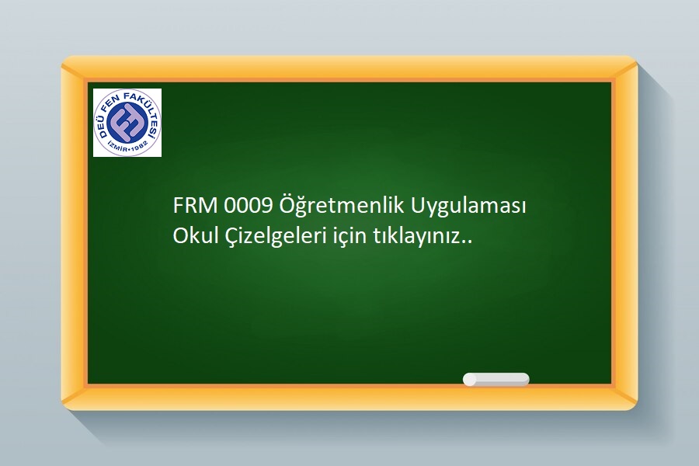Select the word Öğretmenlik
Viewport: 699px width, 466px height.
[x=342, y=207]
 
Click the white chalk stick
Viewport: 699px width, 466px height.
[x=496, y=380]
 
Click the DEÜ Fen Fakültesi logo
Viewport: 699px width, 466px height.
[x=127, y=123]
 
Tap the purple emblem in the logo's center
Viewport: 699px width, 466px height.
[x=127, y=122]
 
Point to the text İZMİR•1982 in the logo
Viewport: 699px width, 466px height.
[x=127, y=148]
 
